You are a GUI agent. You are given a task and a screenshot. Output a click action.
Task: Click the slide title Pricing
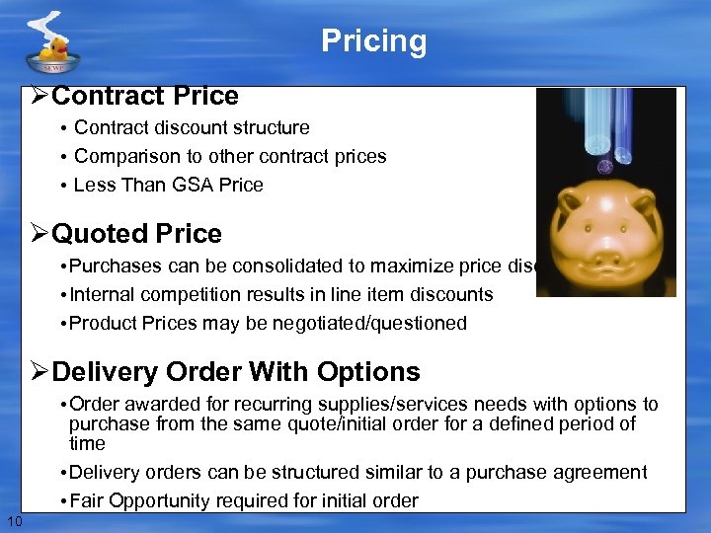pos(373,41)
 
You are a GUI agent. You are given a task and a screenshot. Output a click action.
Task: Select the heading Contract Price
pos(145,96)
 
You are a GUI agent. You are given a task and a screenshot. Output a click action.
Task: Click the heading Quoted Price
pos(136,234)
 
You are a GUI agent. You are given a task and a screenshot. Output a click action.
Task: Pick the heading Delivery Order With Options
pos(236,372)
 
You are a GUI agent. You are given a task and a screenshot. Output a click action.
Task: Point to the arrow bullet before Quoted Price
pos(39,234)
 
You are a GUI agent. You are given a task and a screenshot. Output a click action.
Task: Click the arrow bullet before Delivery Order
pos(39,372)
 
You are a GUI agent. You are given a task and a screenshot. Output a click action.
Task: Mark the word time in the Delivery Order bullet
pos(87,444)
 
